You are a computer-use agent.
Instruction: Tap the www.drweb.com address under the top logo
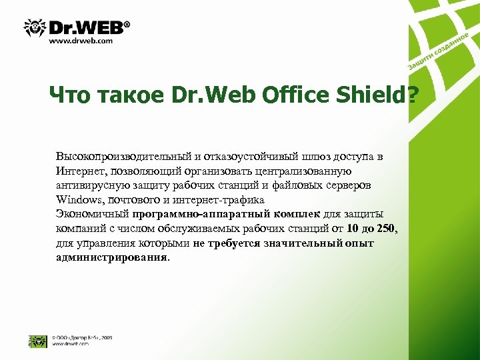81,41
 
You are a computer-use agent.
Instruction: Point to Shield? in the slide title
374,96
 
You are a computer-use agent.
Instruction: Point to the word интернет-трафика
220,199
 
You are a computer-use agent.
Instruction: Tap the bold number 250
386,229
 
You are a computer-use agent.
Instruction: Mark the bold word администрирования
111,257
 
